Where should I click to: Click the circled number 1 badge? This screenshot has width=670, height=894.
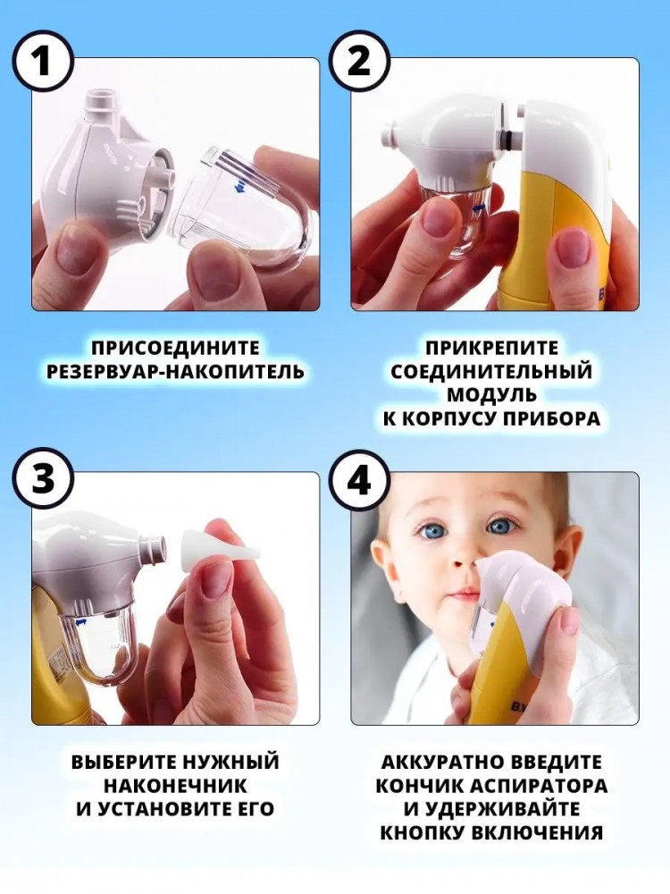[43, 62]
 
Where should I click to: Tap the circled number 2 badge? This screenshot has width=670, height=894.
[360, 62]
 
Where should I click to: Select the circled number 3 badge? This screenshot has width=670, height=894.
[43, 477]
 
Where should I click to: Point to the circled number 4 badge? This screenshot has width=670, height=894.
[360, 477]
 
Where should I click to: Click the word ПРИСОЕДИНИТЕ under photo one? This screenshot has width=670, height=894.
[175, 348]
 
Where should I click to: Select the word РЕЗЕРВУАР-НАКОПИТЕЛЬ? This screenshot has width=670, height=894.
[175, 372]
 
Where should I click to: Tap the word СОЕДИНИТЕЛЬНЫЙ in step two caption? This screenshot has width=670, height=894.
[491, 372]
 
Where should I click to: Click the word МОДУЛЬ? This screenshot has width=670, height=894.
[491, 395]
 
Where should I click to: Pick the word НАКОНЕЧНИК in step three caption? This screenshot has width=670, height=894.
[175, 786]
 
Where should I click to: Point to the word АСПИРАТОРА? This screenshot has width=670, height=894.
[540, 786]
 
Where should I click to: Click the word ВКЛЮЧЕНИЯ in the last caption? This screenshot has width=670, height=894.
[538, 832]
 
